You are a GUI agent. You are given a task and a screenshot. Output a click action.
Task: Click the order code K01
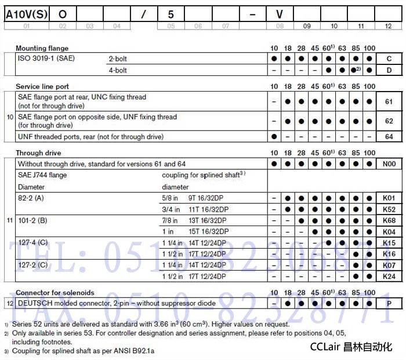(x=389, y=198)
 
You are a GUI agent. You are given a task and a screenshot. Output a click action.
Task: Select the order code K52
(x=389, y=209)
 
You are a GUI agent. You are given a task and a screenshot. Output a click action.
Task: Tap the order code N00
(x=389, y=164)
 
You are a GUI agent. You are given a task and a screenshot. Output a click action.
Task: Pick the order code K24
(x=389, y=277)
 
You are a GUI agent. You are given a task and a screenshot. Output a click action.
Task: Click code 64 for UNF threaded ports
(x=389, y=137)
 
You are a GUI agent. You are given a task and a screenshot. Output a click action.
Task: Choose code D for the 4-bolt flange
(x=389, y=70)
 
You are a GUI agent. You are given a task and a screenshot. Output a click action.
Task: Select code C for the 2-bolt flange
(x=389, y=59)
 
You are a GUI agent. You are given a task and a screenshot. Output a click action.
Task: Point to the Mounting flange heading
(x=42, y=48)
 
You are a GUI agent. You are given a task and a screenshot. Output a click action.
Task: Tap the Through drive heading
(x=38, y=153)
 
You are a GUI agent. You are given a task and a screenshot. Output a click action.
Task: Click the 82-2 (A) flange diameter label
(x=31, y=198)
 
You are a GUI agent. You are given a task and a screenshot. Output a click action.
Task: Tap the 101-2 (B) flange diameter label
(x=32, y=220)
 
